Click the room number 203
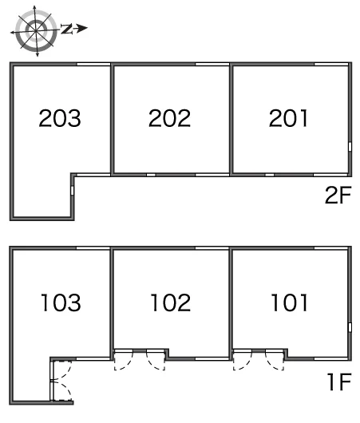pos(60,118)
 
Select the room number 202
pos(169,118)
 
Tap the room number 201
pos(288,118)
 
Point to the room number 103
pos(61,302)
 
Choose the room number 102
pos(171,302)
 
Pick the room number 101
pos(289,302)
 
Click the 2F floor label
pos(338,195)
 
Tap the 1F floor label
pos(339,381)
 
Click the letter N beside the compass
pos(66,29)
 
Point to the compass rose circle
pos(36,31)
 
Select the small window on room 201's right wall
pos(350,147)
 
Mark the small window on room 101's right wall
pos(350,327)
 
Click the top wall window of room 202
pos(212,64)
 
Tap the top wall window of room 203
pos(93,64)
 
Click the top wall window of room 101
pos(330,248)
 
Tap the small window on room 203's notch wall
pos(72,190)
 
